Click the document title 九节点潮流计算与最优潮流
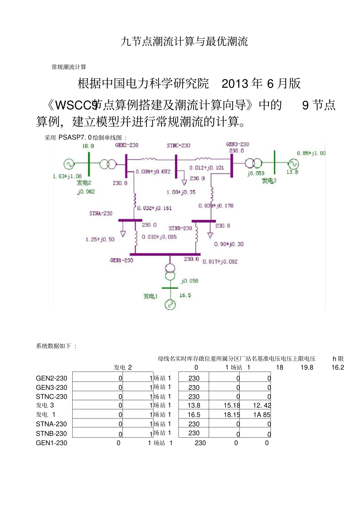[184, 41]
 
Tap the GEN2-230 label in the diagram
[127, 145]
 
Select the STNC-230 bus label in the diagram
[178, 145]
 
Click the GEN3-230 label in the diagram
[238, 144]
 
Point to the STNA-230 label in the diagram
[101, 213]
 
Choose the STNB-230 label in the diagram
[180, 228]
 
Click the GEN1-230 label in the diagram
[121, 260]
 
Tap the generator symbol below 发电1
[170, 304]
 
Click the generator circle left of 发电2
[69, 164]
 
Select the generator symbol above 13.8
[293, 164]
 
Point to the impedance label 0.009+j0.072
[153, 172]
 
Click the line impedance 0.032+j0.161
[154, 208]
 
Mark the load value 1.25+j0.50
[100, 240]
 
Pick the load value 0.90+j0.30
[229, 244]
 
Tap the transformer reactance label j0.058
[189, 281]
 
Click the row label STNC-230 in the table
[52, 396]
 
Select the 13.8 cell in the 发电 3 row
[194, 406]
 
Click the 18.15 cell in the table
[232, 415]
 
